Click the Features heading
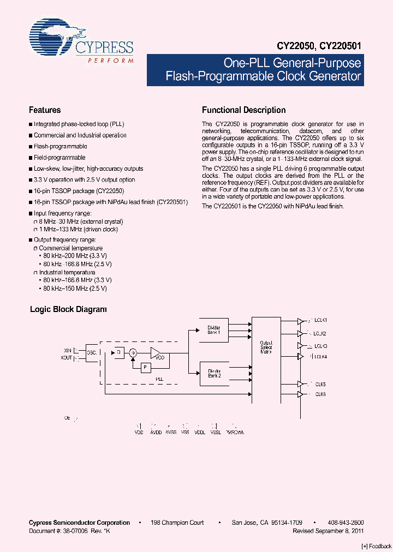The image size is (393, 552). [x=45, y=110]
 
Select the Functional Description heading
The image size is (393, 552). [x=243, y=110]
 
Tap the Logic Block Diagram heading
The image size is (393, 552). [x=68, y=309]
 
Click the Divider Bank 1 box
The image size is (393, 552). [x=213, y=330]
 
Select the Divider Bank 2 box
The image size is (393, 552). [x=213, y=374]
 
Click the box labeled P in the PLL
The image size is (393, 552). [x=145, y=368]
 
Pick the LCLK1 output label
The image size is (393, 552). [x=319, y=320]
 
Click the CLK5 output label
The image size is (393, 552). [x=320, y=384]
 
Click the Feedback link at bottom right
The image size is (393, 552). [x=377, y=546]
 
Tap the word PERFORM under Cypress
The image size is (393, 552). [x=111, y=61]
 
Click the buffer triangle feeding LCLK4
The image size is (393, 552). [x=300, y=356]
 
